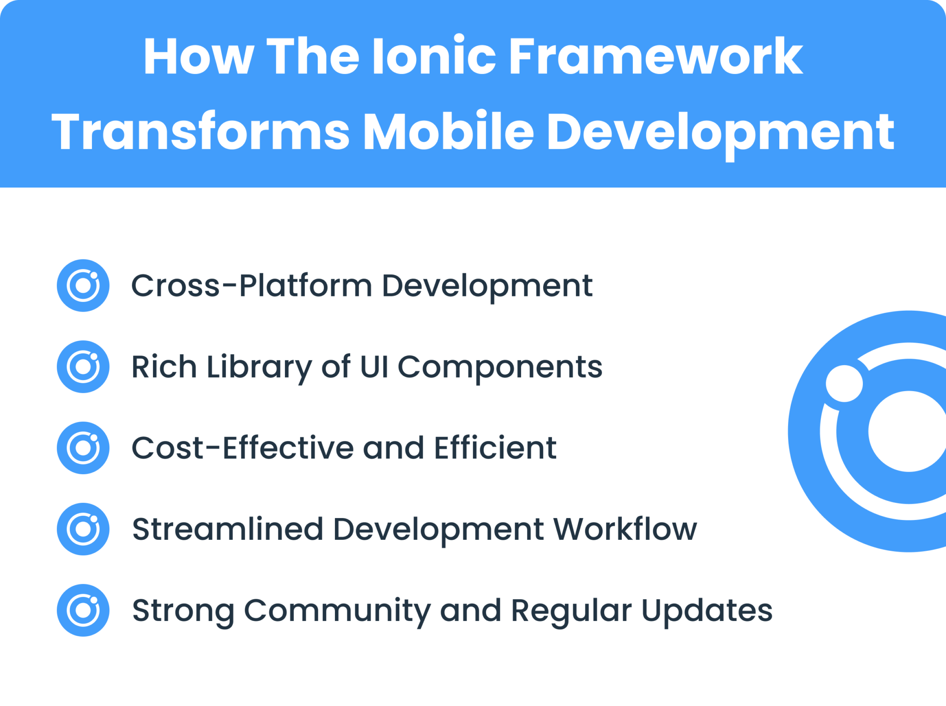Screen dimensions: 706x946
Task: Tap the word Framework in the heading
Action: point(655,56)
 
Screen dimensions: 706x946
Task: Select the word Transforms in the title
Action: point(200,132)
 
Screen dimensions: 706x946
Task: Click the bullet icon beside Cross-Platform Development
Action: point(83,285)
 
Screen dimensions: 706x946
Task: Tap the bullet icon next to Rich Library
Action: point(83,367)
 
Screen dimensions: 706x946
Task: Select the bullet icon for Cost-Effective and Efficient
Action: point(83,448)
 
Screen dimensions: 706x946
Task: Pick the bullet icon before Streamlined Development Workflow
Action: point(83,529)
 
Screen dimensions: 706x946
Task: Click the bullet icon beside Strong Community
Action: point(83,610)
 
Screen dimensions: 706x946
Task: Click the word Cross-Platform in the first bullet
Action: point(252,285)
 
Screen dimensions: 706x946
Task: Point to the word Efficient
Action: point(495,448)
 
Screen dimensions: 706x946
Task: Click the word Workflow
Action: point(625,529)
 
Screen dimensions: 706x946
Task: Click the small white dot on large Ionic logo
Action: point(844,384)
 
